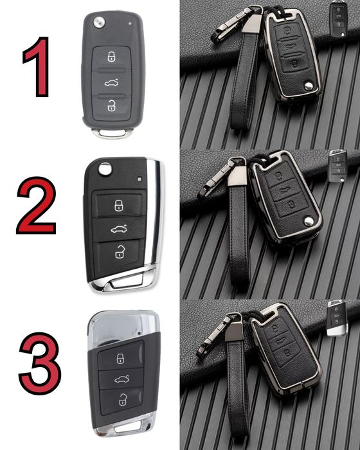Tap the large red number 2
click(x=37, y=206)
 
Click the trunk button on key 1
click(x=111, y=83)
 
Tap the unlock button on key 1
click(x=111, y=107)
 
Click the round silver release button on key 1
click(x=99, y=22)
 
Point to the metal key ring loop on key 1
click(x=112, y=133)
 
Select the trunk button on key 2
click(x=119, y=229)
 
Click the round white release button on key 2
click(x=105, y=169)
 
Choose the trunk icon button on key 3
click(x=121, y=379)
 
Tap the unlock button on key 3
click(x=122, y=400)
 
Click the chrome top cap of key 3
click(x=123, y=327)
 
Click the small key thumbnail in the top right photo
click(x=338, y=19)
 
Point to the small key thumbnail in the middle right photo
click(x=338, y=166)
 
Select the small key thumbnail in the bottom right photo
click(x=337, y=318)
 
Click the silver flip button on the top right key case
click(x=309, y=86)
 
